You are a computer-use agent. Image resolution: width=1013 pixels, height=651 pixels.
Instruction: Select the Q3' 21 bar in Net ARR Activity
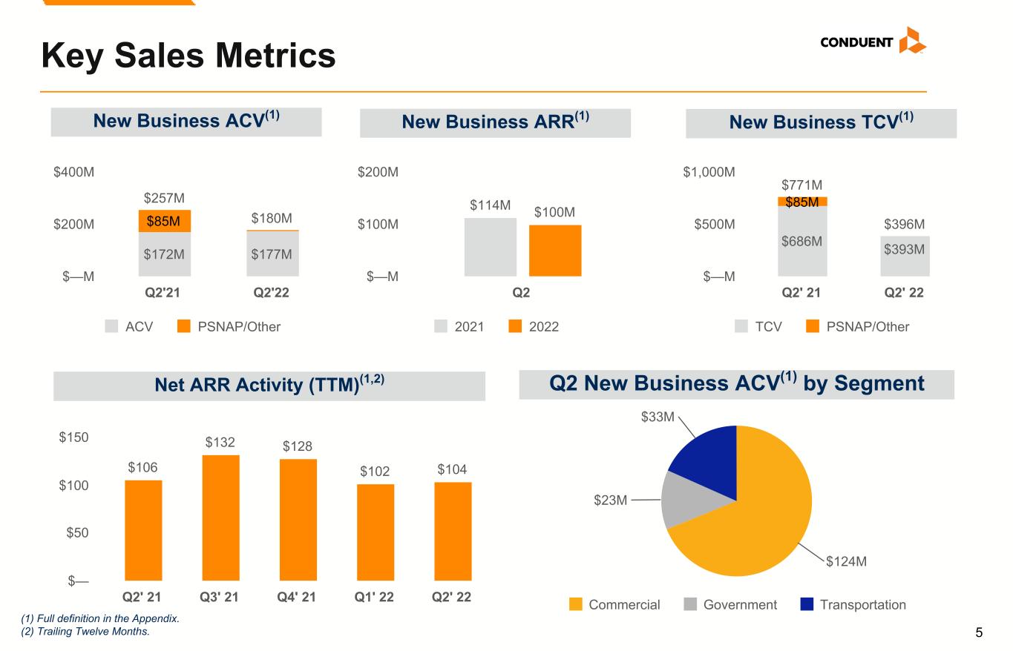pos(220,518)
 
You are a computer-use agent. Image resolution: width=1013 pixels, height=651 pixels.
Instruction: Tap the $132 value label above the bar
pos(220,442)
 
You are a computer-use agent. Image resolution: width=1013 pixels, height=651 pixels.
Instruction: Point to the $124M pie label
pos(846,561)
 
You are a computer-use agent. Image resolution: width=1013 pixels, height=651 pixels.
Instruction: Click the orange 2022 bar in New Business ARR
pos(555,251)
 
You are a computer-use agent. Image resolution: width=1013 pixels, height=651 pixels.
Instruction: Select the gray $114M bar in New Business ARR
pos(491,247)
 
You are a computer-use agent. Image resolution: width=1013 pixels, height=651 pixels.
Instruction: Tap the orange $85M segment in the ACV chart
pos(165,221)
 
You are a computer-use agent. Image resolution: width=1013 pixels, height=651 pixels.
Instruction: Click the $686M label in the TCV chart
pos(801,241)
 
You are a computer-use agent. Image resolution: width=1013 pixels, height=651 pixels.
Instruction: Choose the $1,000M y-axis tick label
pos(709,172)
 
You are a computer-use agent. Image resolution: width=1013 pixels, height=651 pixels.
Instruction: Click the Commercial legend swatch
pos(576,604)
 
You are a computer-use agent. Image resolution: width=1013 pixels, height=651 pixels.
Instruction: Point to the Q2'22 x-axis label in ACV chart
pos(271,293)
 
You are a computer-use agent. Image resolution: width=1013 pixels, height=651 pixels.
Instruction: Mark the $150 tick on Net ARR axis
pos(73,437)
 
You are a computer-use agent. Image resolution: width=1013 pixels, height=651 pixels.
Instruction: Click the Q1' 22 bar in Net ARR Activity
pos(376,532)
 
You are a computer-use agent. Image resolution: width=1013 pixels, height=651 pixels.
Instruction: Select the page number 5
pos(979,632)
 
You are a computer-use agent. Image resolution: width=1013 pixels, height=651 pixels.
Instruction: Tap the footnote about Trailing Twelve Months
pos(85,632)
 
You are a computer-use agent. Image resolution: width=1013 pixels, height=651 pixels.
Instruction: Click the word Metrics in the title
pos(275,56)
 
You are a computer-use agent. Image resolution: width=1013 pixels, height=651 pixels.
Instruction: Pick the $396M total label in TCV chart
pos(905,224)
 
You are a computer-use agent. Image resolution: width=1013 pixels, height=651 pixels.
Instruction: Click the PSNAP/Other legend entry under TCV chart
pos(857,327)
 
